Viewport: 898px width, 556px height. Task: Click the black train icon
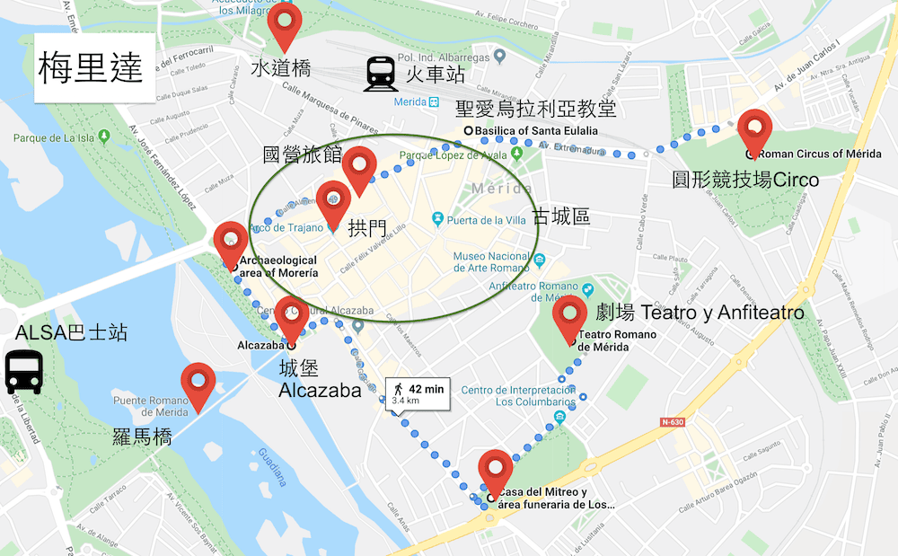point(382,74)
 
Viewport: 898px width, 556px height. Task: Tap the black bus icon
point(23,373)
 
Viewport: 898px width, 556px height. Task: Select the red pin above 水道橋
point(285,25)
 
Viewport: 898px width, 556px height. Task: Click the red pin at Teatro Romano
point(570,318)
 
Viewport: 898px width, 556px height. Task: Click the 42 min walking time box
point(418,393)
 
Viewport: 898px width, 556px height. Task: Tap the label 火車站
point(435,73)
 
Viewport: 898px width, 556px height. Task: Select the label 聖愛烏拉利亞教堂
point(536,110)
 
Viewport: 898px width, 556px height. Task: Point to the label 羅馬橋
point(142,437)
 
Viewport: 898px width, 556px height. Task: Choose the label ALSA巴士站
point(71,333)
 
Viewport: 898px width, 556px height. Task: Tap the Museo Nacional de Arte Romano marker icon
point(540,261)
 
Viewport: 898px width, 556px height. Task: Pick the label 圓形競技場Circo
point(745,180)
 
